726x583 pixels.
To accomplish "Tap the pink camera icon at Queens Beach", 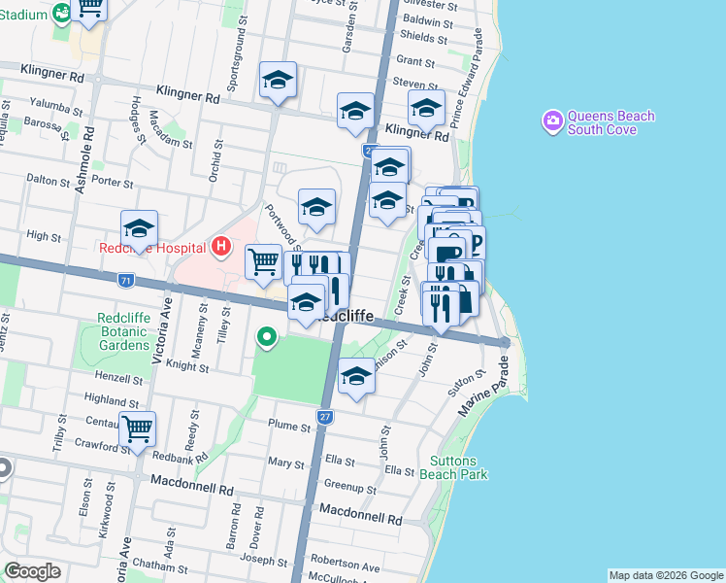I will (552, 120).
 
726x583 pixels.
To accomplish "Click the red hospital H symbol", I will (220, 247).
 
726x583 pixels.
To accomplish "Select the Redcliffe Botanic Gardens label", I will (123, 331).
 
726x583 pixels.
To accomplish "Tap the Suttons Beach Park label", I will (453, 466).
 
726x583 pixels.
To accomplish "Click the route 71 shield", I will (124, 280).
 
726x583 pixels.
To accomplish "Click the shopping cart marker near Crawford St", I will (137, 428).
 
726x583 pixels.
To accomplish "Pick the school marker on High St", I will (139, 229).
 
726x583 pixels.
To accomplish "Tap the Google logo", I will (32, 571).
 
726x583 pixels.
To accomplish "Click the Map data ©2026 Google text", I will (665, 575).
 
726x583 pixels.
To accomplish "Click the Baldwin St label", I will (428, 19).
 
